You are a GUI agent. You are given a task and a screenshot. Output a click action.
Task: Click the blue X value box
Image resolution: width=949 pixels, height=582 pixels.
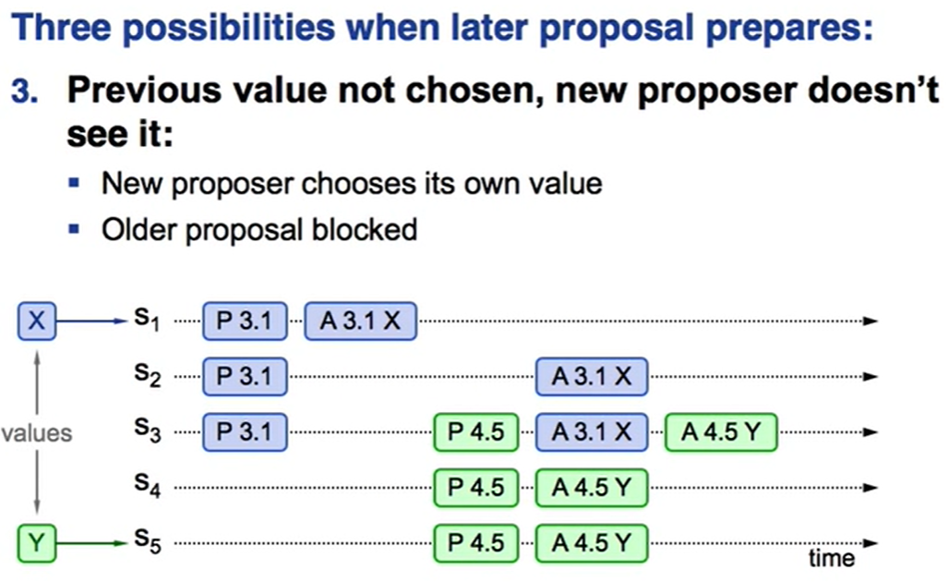pos(36,321)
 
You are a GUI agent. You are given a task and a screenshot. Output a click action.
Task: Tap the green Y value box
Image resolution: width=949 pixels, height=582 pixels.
pos(36,543)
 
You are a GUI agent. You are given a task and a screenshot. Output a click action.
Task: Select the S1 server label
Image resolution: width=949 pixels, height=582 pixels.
pos(147,318)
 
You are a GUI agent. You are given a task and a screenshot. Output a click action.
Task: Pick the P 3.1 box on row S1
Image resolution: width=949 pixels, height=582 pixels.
pos(245,321)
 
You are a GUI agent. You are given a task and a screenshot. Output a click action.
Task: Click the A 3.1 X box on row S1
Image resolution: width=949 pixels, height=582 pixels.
pos(360,321)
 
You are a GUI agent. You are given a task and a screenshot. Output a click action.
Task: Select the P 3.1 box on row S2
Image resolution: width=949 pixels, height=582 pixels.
pos(245,377)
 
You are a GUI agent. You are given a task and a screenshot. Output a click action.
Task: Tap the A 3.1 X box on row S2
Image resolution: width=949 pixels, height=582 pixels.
pos(592,377)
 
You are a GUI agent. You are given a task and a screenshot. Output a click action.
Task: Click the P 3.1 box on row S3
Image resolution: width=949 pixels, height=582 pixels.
pos(245,432)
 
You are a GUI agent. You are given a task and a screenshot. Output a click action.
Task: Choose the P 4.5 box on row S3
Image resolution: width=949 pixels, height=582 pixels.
pos(475,432)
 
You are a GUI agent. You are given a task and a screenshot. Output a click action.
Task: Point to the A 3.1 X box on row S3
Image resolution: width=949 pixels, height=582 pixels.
pos(592,432)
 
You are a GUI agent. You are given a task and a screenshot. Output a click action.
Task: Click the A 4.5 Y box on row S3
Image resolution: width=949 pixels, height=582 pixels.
pos(721,432)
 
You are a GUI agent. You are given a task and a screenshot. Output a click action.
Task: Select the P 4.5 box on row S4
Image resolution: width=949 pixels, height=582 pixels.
pos(475,488)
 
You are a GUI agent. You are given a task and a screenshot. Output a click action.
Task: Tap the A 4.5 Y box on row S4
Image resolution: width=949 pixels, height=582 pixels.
pos(592,488)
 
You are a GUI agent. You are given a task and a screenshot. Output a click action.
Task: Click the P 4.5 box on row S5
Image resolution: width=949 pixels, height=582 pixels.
pos(475,543)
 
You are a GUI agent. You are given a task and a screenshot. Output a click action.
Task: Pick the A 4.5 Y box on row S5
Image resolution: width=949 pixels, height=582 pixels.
pos(592,543)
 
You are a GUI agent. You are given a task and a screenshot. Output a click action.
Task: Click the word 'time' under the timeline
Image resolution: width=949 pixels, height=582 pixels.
pos(832,558)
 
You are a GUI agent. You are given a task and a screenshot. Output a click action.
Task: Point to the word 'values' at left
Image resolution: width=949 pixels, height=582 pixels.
pos(36,433)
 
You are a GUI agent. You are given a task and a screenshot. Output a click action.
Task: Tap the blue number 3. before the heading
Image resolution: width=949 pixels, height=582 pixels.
pos(24,92)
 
